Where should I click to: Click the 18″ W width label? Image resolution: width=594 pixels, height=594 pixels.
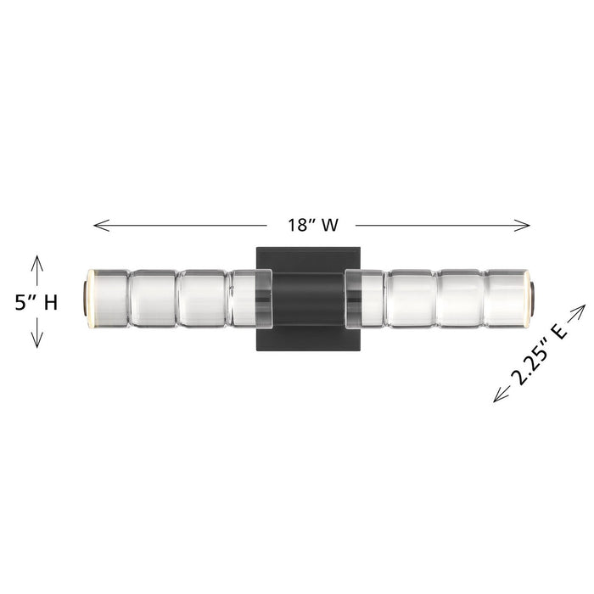(312, 225)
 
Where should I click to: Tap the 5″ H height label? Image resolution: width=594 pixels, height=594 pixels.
(36, 303)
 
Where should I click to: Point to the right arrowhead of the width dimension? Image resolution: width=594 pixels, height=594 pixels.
(522, 226)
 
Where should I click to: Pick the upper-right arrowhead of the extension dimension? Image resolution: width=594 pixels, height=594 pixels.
(579, 311)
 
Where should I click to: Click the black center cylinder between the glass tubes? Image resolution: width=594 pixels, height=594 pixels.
(309, 299)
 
